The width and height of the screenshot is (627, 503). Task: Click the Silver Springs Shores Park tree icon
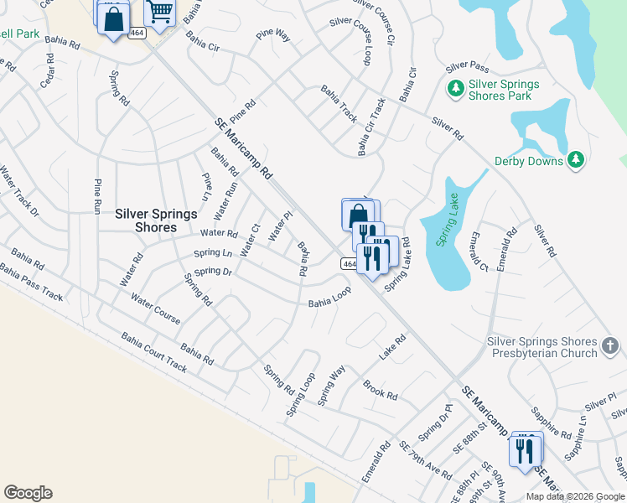pyautogui.click(x=456, y=88)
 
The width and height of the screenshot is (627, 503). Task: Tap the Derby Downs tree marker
pyautogui.click(x=575, y=159)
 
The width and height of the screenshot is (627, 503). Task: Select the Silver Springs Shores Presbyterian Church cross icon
pyautogui.click(x=611, y=346)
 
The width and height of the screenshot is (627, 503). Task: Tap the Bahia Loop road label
pyautogui.click(x=329, y=298)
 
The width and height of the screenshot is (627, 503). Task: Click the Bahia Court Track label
pyautogui.click(x=153, y=353)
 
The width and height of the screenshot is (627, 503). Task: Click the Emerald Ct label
pyautogui.click(x=478, y=251)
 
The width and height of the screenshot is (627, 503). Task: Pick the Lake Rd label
pyautogui.click(x=391, y=348)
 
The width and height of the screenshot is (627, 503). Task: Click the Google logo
pyautogui.click(x=28, y=493)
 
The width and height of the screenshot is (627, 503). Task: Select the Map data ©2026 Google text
pyautogui.click(x=574, y=496)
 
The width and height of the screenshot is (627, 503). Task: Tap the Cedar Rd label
pyautogui.click(x=47, y=71)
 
